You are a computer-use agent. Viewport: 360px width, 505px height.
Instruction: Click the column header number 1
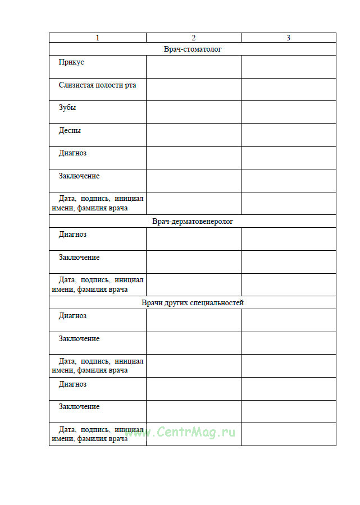[x=98, y=38]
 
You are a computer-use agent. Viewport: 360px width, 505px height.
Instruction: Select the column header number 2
[x=194, y=38]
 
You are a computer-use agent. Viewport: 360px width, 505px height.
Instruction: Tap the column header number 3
[x=288, y=38]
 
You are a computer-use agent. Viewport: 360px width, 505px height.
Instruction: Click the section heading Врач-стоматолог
[x=193, y=49]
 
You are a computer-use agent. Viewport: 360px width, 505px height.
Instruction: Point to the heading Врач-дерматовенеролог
[x=193, y=222]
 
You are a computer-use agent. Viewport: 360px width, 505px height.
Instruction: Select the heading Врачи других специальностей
[x=193, y=302]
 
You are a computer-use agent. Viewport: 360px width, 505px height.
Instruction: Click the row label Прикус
[x=71, y=62]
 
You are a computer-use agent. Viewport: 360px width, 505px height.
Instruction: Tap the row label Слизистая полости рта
[x=97, y=85]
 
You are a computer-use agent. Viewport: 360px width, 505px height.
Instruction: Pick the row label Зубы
[x=67, y=108]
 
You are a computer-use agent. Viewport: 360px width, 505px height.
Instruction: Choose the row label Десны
[x=70, y=131]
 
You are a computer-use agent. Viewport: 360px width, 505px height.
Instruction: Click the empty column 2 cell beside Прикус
[x=194, y=67]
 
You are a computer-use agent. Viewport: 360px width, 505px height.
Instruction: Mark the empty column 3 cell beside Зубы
[x=288, y=112]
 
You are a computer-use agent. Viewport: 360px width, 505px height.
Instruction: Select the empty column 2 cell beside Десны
[x=194, y=135]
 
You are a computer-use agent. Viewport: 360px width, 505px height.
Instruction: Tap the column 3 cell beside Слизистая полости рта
[x=288, y=90]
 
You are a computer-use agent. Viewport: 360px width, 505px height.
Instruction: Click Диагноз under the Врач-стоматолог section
[x=72, y=153]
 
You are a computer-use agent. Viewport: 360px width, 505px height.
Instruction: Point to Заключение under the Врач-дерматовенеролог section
[x=79, y=258]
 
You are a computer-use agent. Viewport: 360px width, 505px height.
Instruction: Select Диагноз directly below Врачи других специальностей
[x=72, y=316]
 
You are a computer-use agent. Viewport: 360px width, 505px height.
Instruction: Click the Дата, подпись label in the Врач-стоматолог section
[x=98, y=203]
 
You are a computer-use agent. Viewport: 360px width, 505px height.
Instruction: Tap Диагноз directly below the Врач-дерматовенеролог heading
[x=72, y=235]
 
